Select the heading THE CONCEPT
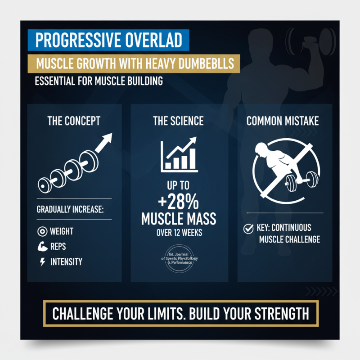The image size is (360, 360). (74, 121)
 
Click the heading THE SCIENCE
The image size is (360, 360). (178, 121)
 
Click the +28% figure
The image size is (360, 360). (179, 202)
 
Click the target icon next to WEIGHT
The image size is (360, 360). (43, 232)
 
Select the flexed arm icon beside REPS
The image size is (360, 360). (43, 247)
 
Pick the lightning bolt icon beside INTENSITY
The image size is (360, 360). (43, 262)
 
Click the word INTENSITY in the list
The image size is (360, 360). (66, 262)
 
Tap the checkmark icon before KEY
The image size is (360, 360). (248, 229)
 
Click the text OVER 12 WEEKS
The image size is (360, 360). (179, 233)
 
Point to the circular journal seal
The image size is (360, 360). (179, 261)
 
